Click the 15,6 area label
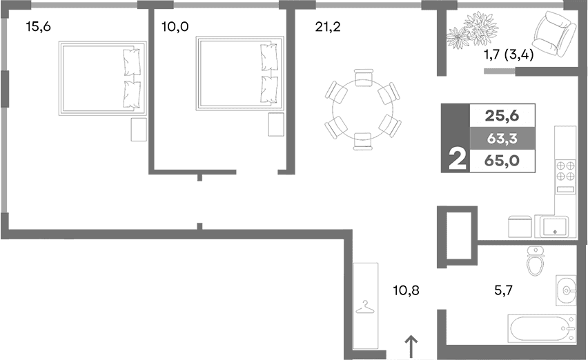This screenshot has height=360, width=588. click(37, 28)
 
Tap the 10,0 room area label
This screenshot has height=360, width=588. click(175, 28)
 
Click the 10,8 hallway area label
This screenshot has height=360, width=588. click(404, 290)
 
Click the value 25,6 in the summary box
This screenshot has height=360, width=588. click(502, 115)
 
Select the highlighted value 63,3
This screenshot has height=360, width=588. click(502, 138)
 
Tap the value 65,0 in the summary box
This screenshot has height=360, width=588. click(502, 161)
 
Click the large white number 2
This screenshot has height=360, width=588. click(455, 159)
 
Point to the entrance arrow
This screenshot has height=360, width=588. click(411, 346)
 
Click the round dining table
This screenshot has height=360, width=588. click(362, 109)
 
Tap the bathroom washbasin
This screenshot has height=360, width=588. click(565, 290)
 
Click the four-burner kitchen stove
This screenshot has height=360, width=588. click(566, 171)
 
